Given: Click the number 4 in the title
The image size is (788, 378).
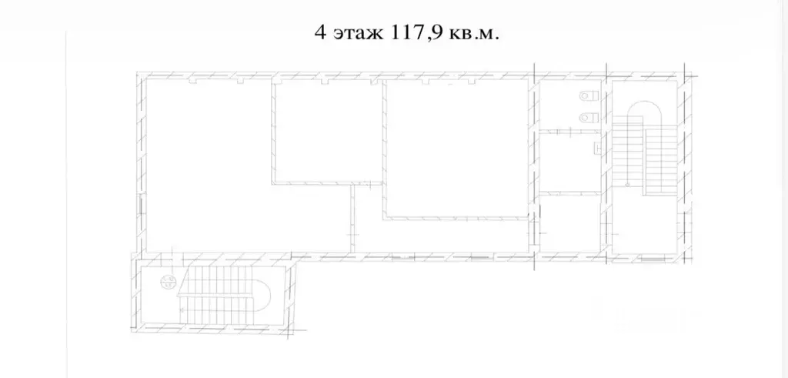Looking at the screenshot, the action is coord(320,33).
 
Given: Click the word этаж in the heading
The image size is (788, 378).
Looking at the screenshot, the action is coord(357,35).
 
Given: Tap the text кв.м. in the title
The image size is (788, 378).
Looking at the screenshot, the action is coord(473,35).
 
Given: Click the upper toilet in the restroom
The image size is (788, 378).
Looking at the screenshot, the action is coord(588,95).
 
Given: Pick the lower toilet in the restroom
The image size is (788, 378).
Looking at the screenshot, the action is coord(588,118).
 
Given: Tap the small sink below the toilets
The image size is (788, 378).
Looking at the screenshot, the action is coord(597,148).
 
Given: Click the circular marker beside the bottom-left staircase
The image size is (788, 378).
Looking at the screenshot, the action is coord(167,281).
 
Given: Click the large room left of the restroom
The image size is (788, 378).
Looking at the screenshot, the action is coord(456,149).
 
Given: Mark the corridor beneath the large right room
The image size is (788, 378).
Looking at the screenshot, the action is coord(442,236).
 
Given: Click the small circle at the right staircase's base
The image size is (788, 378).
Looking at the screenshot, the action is coord(627,185).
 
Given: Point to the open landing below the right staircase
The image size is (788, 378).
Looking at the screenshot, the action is coord(644,224).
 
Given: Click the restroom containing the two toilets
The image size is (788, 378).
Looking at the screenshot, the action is coord(570,106).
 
